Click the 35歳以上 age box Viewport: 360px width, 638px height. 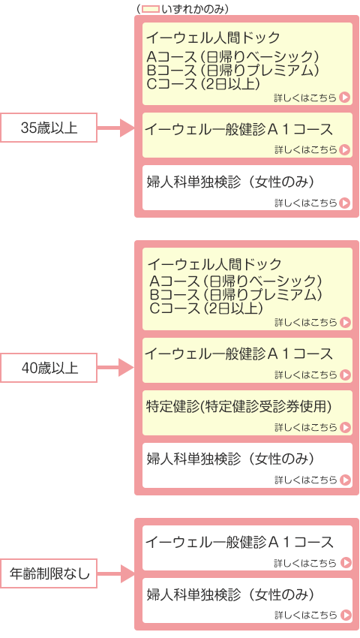pyautogui.click(x=49, y=128)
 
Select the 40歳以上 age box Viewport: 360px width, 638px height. pyautogui.click(x=49, y=368)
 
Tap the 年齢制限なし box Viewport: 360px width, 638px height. pyautogui.click(x=49, y=573)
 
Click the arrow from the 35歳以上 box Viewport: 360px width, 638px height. pyautogui.click(x=115, y=128)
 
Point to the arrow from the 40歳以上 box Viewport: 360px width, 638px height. pyautogui.click(x=115, y=368)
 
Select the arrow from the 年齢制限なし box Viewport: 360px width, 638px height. pyautogui.click(x=115, y=573)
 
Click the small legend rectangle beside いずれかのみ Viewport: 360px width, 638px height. pyautogui.click(x=150, y=9)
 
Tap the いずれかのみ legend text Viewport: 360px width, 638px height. pyautogui.click(x=193, y=9)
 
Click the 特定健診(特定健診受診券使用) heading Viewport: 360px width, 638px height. pyautogui.click(x=238, y=406)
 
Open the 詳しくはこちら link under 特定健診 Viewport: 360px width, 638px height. pyautogui.click(x=312, y=427)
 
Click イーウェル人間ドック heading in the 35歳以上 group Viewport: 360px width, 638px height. pyautogui.click(x=213, y=38)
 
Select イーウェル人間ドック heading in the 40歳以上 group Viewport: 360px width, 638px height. pyautogui.click(x=214, y=264)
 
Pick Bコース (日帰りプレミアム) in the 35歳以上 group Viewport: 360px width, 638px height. pyautogui.click(x=232, y=70)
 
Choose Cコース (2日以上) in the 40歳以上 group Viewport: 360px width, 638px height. pyautogui.click(x=205, y=308)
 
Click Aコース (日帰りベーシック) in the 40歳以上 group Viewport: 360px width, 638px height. pyautogui.click(x=235, y=281)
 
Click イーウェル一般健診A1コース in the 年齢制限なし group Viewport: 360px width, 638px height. pyautogui.click(x=239, y=542)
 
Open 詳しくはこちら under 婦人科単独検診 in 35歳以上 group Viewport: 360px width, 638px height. pyautogui.click(x=312, y=202)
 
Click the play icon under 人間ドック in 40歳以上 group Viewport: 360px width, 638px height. pyautogui.click(x=345, y=322)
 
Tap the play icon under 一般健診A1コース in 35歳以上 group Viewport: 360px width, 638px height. pyautogui.click(x=345, y=149)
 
